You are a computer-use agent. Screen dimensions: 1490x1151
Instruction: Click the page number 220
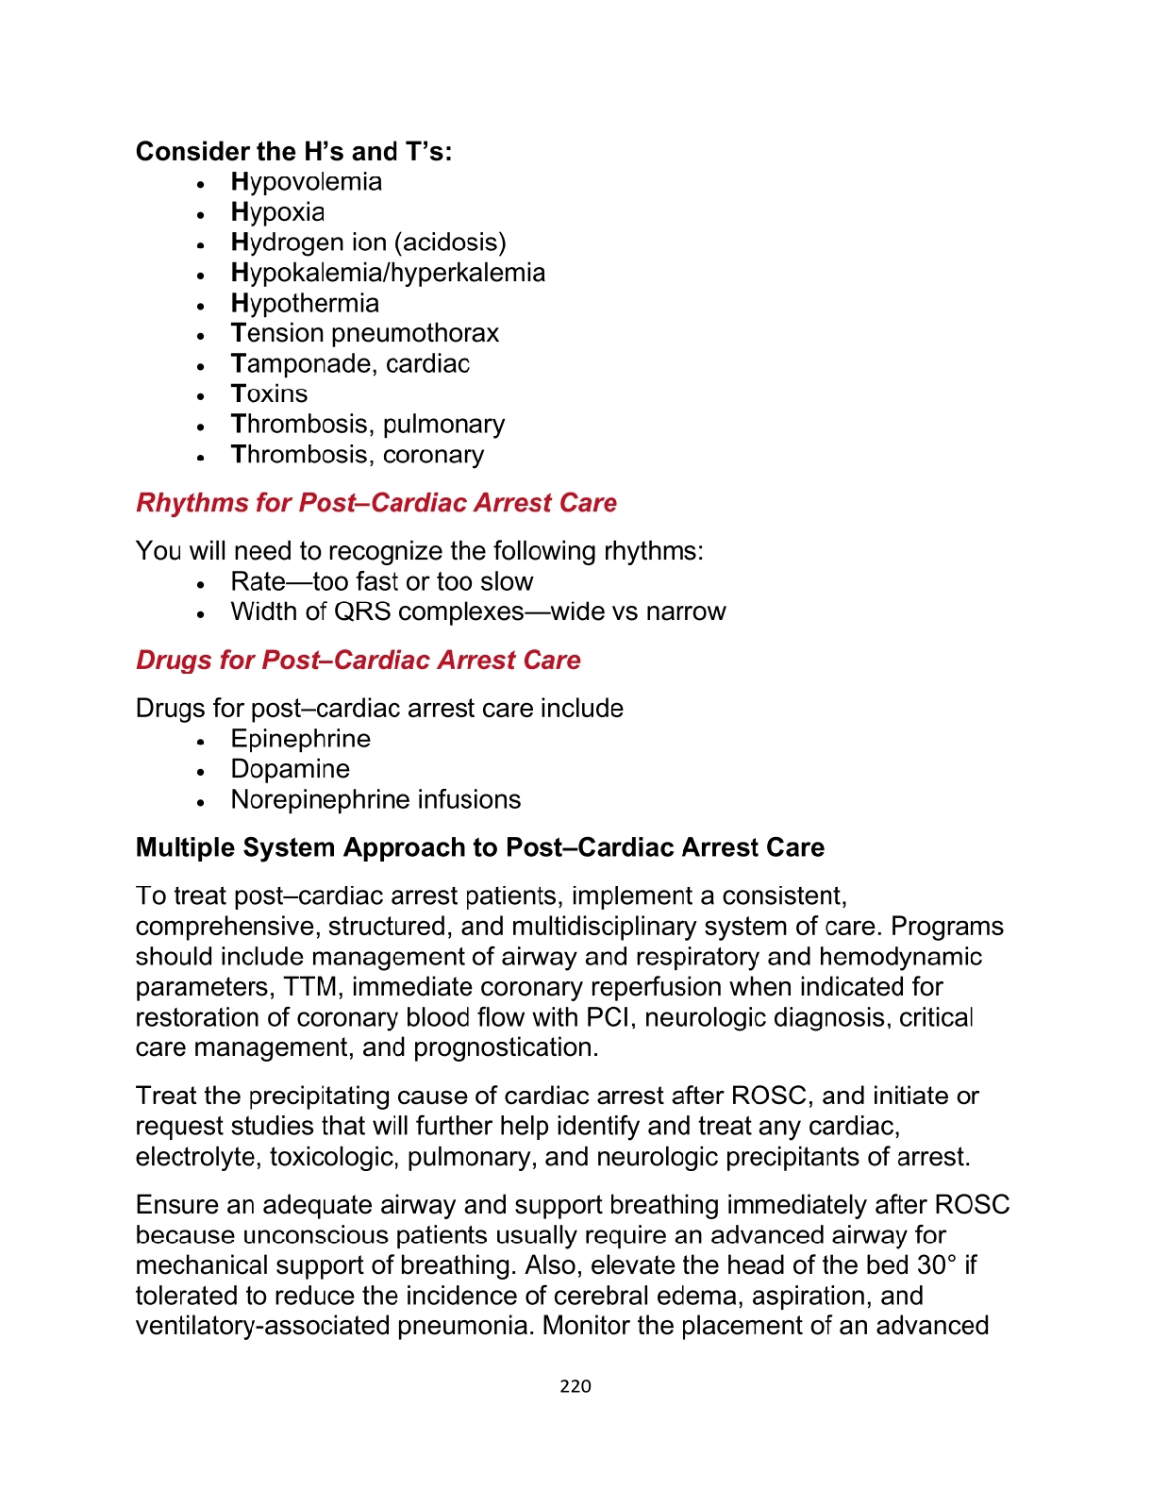point(575,1386)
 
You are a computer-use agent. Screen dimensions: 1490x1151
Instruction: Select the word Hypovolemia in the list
point(307,182)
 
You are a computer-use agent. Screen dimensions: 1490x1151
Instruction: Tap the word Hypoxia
point(277,212)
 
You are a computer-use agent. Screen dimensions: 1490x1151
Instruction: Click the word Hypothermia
point(305,304)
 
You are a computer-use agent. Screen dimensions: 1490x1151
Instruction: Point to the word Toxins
point(269,394)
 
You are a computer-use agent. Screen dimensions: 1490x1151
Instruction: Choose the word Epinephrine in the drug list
point(300,739)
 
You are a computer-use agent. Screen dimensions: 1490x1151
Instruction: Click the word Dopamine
point(290,769)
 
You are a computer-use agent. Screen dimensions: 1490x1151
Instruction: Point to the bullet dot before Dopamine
point(201,772)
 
